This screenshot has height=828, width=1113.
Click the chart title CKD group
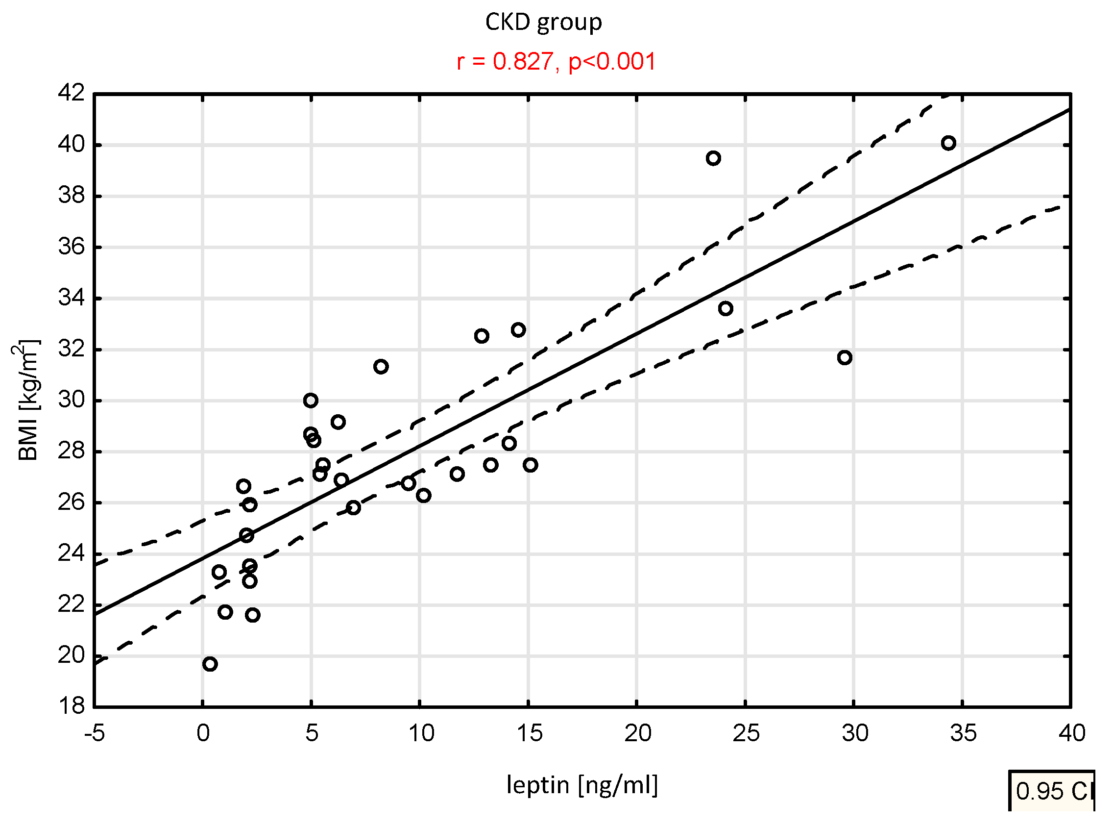pos(543,23)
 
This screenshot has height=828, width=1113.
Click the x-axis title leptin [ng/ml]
pos(582,785)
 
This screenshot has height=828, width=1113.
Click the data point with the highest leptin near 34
pos(948,143)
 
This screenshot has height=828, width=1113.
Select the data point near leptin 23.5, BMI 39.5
pos(713,158)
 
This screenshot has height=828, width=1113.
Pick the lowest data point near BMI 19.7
pos(210,664)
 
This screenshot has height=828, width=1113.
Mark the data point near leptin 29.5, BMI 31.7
pos(845,358)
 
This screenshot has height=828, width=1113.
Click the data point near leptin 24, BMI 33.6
pos(726,309)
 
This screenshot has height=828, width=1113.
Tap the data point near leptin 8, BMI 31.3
pos(381,367)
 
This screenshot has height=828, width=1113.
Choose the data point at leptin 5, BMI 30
pos(311,401)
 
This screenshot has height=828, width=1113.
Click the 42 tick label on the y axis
pos(72,93)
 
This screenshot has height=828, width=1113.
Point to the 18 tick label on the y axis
pos(72,706)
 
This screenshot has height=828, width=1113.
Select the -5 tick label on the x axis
pos(94,734)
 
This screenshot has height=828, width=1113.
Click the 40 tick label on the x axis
pos(1071,734)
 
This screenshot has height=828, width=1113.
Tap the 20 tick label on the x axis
pos(637,734)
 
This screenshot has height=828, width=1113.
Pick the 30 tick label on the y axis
pos(72,400)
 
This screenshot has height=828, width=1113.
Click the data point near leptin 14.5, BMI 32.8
pos(518,330)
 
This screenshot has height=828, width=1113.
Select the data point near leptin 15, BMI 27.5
pos(531,465)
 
